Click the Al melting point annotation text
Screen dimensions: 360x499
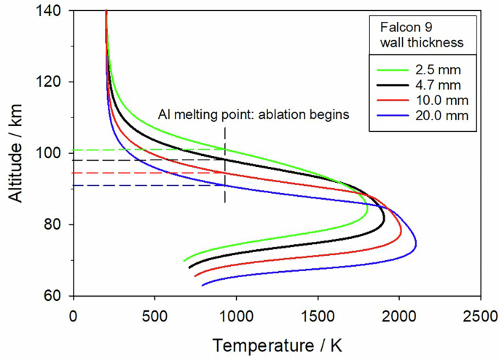point(254,114)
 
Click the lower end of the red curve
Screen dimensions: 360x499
point(195,275)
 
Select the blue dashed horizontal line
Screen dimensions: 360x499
point(146,185)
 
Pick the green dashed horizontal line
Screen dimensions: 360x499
point(146,149)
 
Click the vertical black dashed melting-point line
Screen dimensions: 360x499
point(225,168)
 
